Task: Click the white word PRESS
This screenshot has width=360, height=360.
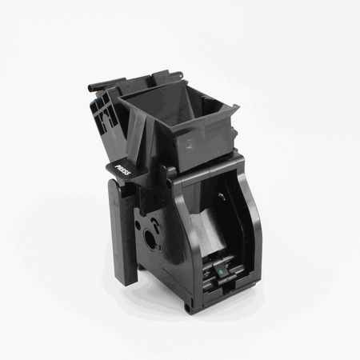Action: click(x=122, y=170)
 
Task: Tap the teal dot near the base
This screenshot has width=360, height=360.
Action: click(x=221, y=272)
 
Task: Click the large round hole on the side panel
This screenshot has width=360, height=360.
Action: click(x=150, y=238)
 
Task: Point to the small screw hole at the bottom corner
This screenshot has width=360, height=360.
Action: click(x=187, y=309)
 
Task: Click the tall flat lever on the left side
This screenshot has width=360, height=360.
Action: click(x=122, y=232)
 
